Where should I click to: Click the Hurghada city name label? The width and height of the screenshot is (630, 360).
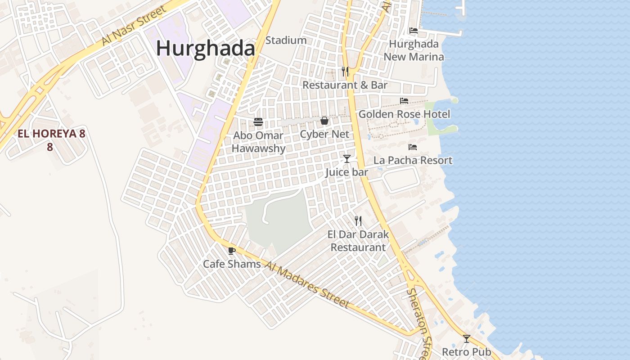pos(206,49)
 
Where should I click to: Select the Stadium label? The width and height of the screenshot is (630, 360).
pos(286,40)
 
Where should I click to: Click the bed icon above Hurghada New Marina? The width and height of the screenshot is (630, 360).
pos(413,31)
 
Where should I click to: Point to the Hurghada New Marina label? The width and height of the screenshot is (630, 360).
pos(414,50)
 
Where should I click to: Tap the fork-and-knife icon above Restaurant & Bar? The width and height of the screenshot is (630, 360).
pos(345,72)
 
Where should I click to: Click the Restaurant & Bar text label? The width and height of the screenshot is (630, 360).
pos(345,85)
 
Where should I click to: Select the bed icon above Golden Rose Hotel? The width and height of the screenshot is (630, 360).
pos(404,101)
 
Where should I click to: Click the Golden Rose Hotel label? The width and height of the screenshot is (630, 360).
pos(404,114)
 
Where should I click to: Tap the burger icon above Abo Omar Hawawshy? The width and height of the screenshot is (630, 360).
pos(258,121)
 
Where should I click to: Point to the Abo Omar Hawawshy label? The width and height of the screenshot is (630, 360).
pos(258,142)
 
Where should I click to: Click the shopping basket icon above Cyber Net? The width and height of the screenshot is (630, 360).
pos(324,121)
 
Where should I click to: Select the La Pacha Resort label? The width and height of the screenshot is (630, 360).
pos(413,161)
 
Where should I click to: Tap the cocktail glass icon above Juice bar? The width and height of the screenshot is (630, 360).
pos(346,158)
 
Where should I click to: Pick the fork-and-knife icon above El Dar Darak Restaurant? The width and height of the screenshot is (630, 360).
pos(358,220)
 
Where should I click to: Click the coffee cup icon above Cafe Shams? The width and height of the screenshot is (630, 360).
pos(232,251)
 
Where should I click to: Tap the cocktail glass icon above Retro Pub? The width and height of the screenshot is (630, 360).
pos(467,338)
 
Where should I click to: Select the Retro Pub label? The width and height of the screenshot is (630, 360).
pos(467,352)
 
